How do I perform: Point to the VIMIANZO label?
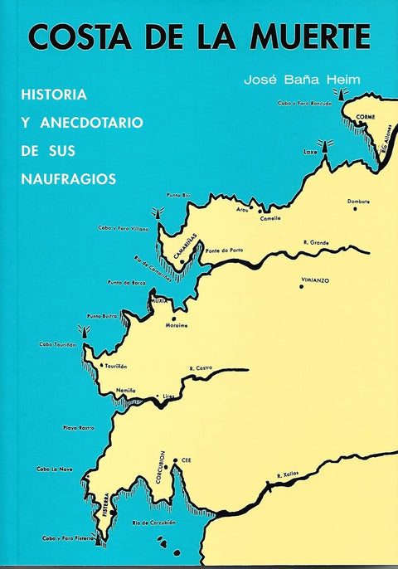pyautogui.click(x=315, y=281)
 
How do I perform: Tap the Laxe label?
pyautogui.click(x=311, y=153)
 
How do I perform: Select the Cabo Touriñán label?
pyautogui.click(x=57, y=344)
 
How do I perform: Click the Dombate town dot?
pyautogui.click(x=356, y=209)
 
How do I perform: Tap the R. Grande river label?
pyautogui.click(x=316, y=242)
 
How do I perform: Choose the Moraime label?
pyautogui.click(x=177, y=325)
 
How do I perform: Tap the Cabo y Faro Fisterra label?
pyautogui.click(x=70, y=538)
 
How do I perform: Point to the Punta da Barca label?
pyautogui.click(x=127, y=283)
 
